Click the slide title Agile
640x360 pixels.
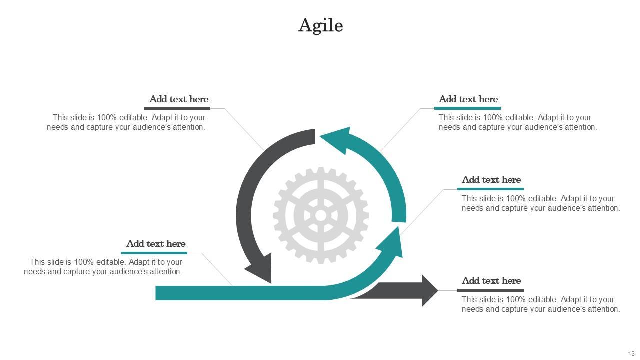(x=320, y=25)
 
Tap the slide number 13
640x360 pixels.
(x=631, y=354)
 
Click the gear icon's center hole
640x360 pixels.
(x=321, y=215)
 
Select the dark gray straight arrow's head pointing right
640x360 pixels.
(x=429, y=290)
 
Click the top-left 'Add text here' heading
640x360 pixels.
(x=179, y=99)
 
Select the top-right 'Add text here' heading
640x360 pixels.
(x=468, y=99)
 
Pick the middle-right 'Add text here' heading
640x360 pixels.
(x=491, y=180)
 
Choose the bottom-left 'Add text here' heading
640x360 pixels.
(x=156, y=244)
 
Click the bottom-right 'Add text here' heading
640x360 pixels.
(x=491, y=281)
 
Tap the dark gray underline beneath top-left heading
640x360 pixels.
(x=177, y=108)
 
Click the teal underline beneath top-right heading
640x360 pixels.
(x=467, y=108)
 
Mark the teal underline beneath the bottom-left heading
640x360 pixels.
(x=154, y=253)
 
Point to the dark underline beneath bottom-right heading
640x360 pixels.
(x=490, y=290)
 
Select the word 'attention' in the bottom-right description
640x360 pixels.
(x=601, y=309)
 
